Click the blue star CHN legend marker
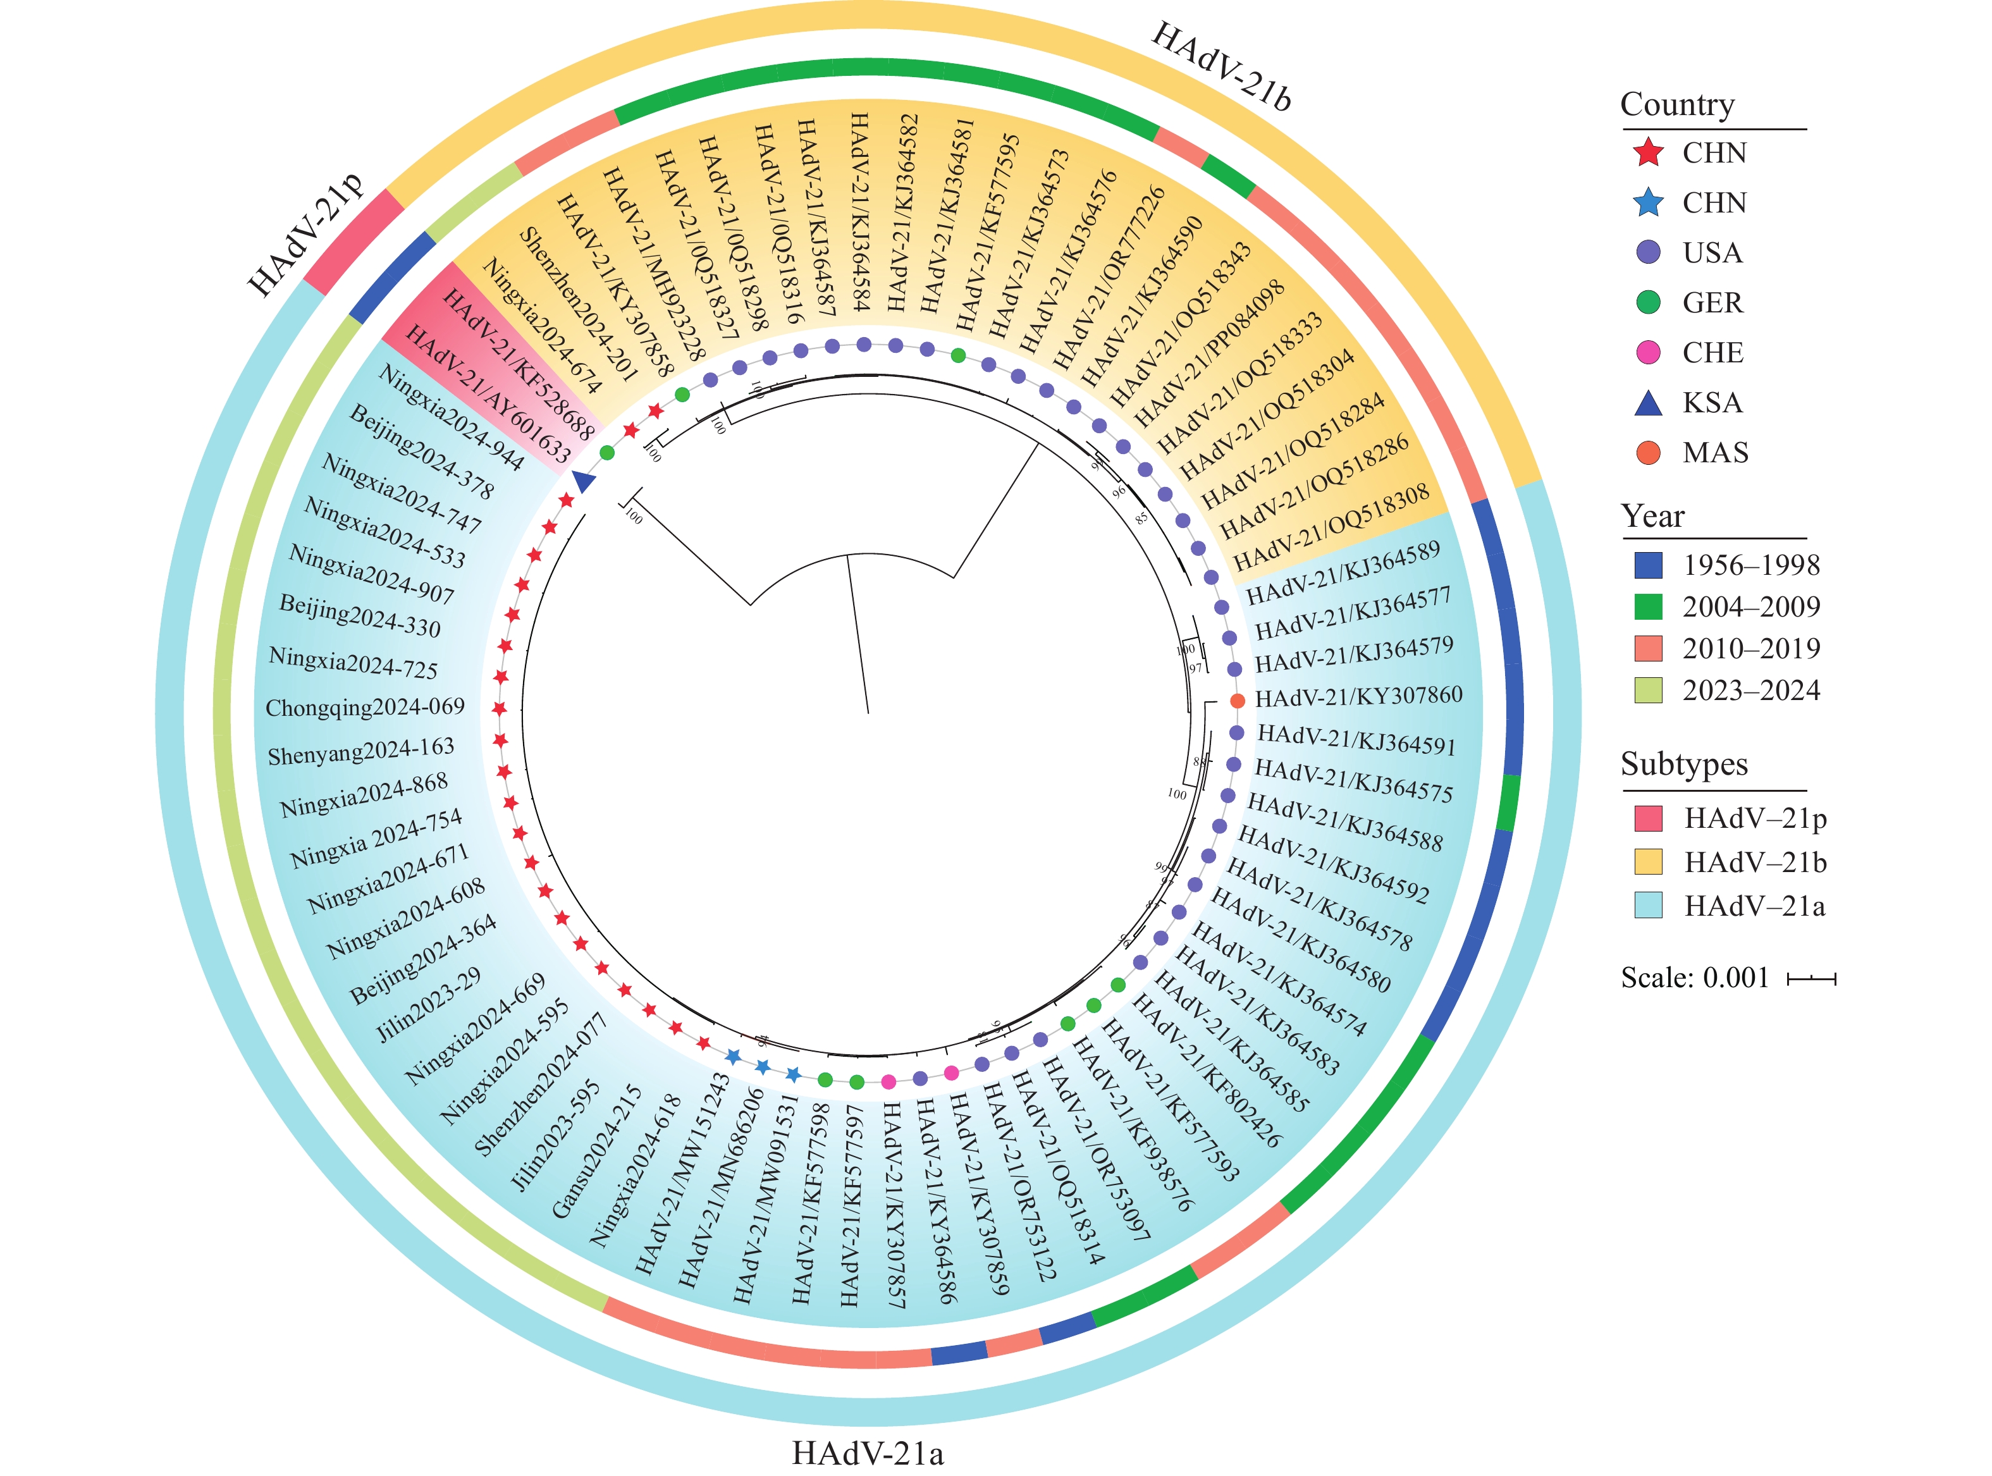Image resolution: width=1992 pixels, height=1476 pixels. [1647, 203]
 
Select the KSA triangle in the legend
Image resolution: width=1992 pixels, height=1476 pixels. [1647, 403]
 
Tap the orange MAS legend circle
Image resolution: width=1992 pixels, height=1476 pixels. [1647, 453]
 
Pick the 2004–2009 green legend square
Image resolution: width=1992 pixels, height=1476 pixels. [1647, 606]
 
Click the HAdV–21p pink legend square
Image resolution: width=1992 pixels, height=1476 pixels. [1647, 818]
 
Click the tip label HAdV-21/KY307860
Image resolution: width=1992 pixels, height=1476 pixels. [1358, 697]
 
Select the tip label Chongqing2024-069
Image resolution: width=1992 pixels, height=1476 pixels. [366, 708]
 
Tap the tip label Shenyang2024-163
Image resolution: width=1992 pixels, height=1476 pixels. [361, 751]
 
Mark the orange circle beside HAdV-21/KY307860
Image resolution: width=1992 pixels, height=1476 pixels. [1237, 701]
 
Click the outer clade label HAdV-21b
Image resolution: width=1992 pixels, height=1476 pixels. [1221, 67]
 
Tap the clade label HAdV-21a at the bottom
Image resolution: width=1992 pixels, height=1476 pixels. [868, 1453]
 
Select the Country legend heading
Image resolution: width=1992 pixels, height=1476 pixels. [1676, 104]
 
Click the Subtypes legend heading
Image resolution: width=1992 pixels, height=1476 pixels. [1684, 764]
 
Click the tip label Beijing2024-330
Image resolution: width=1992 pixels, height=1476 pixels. [360, 615]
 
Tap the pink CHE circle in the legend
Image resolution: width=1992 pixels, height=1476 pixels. [1647, 353]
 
